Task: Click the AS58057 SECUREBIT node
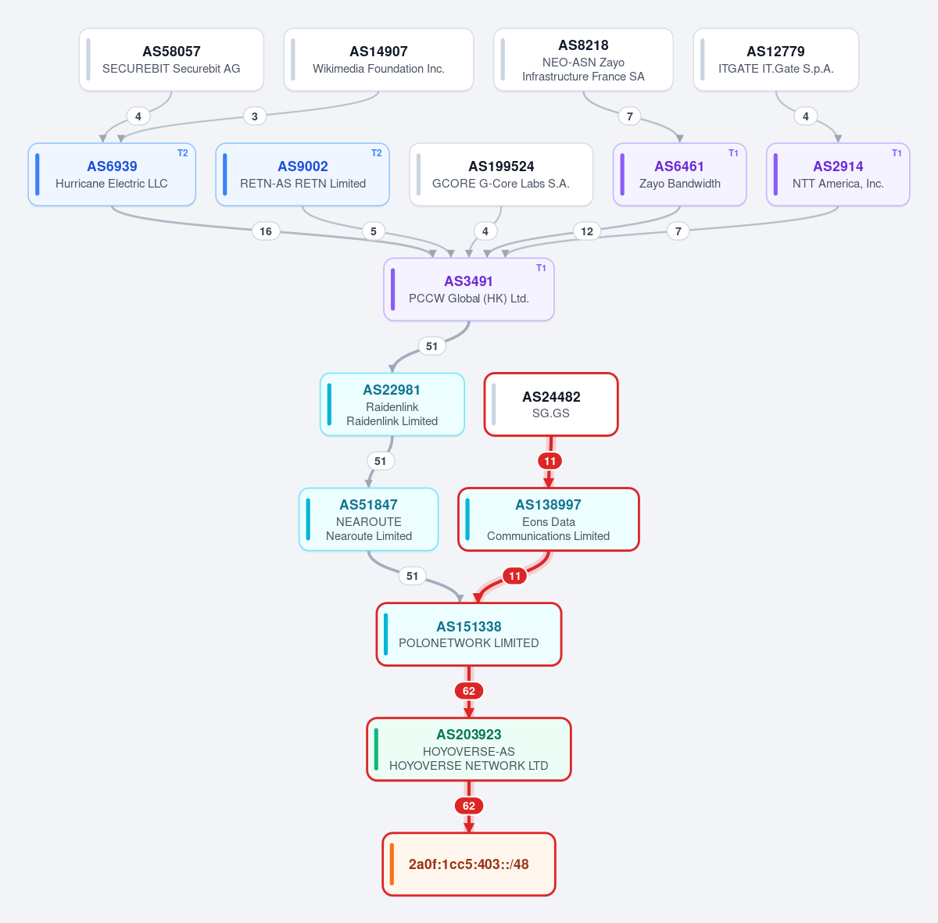click(171, 59)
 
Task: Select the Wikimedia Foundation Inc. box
click(378, 59)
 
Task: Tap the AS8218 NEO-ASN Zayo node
click(583, 59)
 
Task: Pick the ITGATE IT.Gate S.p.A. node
click(776, 59)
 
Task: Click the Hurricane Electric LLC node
click(112, 174)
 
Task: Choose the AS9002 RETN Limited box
click(303, 174)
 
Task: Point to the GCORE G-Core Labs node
click(501, 174)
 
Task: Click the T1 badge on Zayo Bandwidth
click(733, 153)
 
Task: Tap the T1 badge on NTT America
click(897, 153)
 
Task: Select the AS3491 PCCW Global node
click(469, 289)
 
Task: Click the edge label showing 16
click(266, 231)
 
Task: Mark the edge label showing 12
click(587, 231)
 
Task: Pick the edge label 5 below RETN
click(374, 231)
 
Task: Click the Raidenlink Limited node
click(392, 404)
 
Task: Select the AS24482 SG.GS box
click(551, 404)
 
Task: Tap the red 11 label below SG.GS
click(550, 461)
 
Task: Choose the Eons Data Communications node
click(549, 519)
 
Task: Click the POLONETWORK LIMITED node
click(469, 634)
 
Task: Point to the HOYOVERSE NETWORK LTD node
click(469, 749)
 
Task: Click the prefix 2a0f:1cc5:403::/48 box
click(469, 864)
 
